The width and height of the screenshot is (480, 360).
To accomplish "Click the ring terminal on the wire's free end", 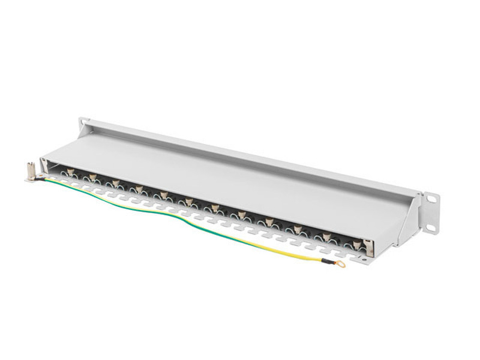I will (x=340, y=263).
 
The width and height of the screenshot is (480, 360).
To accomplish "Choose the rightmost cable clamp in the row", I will (x=358, y=244).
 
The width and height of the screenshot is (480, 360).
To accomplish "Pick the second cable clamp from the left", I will (x=93, y=178).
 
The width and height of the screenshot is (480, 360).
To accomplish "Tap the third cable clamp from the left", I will (x=116, y=183).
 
